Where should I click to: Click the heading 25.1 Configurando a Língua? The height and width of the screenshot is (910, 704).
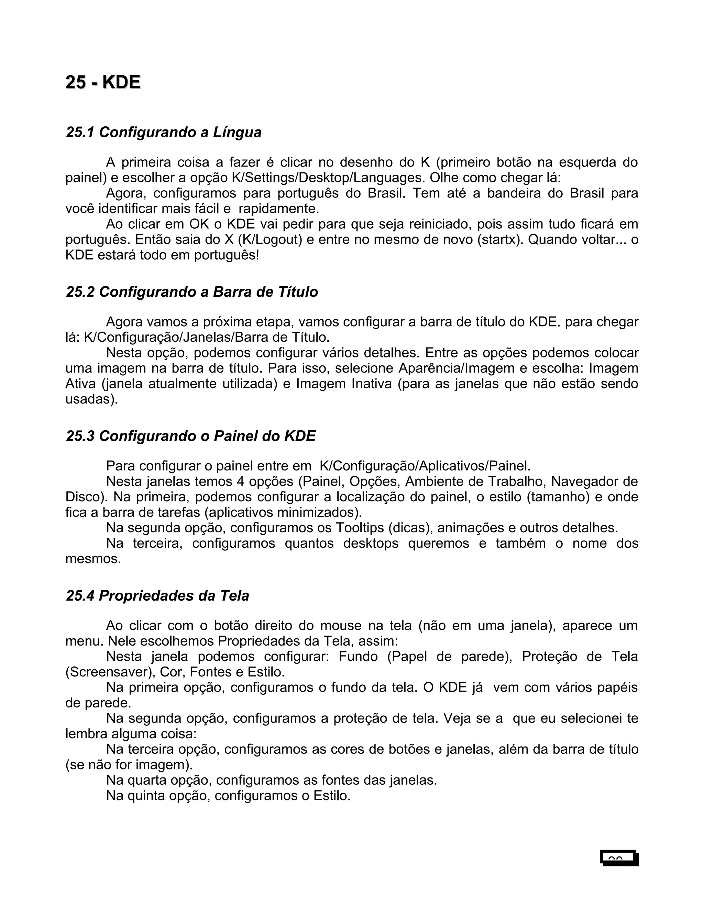[x=164, y=132]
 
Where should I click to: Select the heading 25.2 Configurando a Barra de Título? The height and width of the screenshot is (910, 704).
[x=192, y=292]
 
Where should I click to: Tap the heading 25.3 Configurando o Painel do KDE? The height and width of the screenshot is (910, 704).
[x=190, y=436]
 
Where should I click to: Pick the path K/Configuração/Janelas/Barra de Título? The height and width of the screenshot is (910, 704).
[x=207, y=337]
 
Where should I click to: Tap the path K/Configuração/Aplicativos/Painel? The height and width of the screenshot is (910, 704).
[x=425, y=465]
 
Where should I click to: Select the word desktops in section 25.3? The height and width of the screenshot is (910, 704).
[x=371, y=543]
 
